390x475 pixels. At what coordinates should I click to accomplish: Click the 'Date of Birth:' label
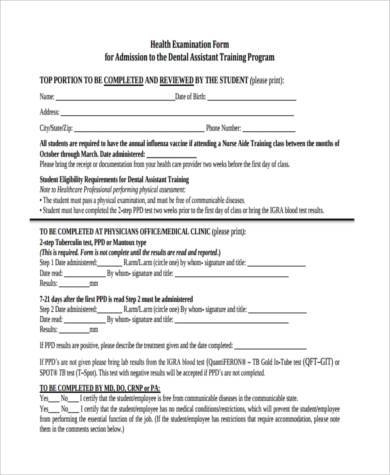197,96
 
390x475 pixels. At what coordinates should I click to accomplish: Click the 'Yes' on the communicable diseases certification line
45,398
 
